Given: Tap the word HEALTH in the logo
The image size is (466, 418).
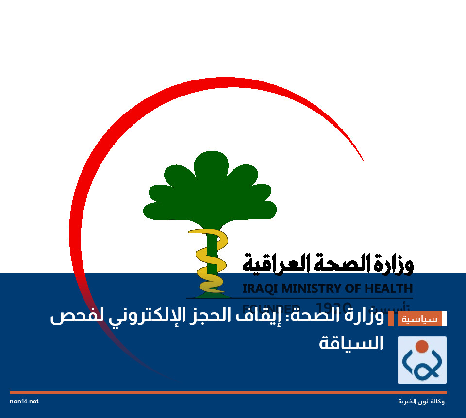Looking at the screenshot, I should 388,289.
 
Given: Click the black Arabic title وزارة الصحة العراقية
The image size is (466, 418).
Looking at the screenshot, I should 328,263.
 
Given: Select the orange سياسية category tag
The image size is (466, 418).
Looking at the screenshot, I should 420,319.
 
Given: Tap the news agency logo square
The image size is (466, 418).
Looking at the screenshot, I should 422,360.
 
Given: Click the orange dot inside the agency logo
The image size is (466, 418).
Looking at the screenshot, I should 422,346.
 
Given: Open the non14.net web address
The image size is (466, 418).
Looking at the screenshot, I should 24,402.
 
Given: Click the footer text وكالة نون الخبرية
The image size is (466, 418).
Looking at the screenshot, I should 421,402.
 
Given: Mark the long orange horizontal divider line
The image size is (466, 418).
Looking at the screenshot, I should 228,392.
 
